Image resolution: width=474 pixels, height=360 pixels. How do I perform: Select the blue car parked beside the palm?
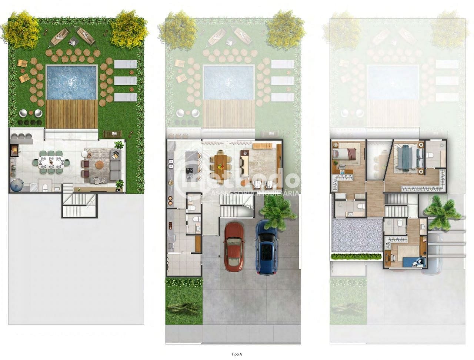266,248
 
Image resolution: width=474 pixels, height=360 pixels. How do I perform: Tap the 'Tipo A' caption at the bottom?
237,354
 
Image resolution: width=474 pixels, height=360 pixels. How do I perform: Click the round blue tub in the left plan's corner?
16,184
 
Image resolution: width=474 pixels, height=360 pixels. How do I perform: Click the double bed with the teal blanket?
408,157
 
